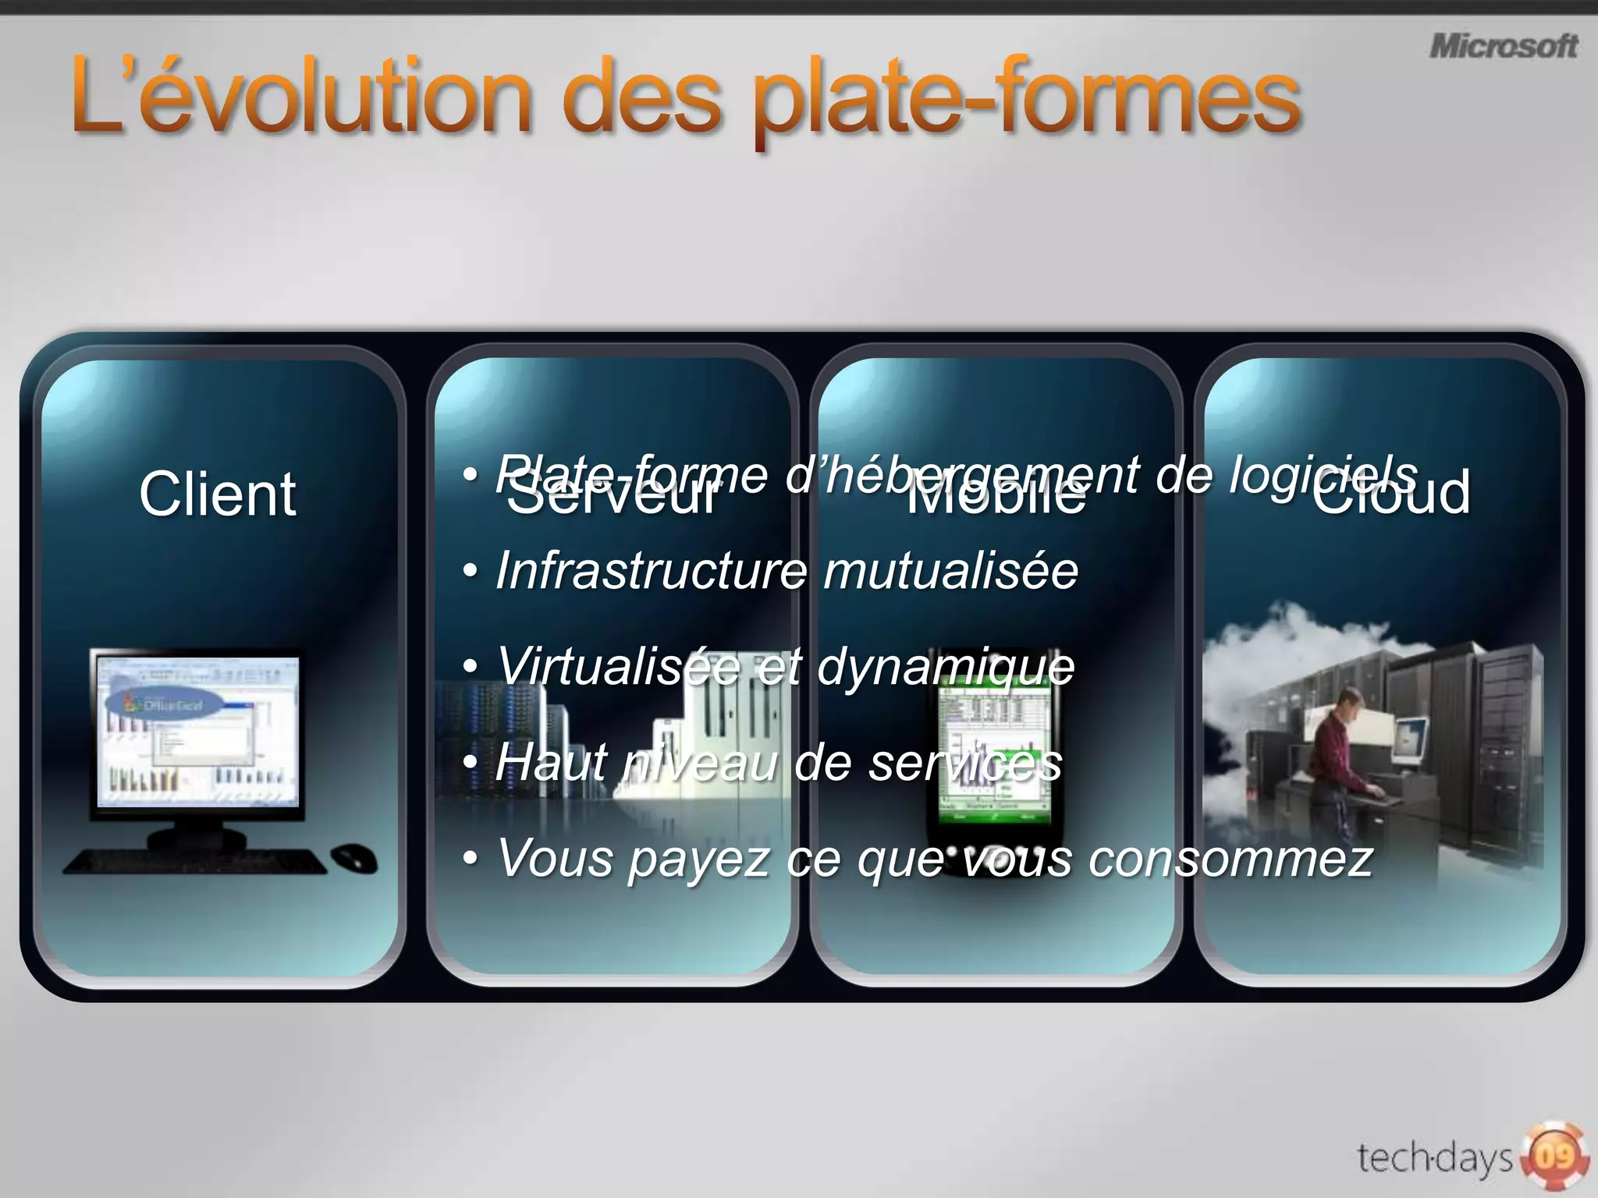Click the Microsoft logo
(x=1503, y=46)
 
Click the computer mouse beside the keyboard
(x=354, y=859)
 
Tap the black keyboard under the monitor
(x=195, y=861)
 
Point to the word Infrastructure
(x=652, y=570)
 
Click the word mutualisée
(x=950, y=570)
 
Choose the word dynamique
(x=946, y=667)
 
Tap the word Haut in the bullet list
(x=550, y=762)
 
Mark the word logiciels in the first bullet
(x=1322, y=474)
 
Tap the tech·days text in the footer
(x=1434, y=1157)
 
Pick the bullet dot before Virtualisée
(x=470, y=667)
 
